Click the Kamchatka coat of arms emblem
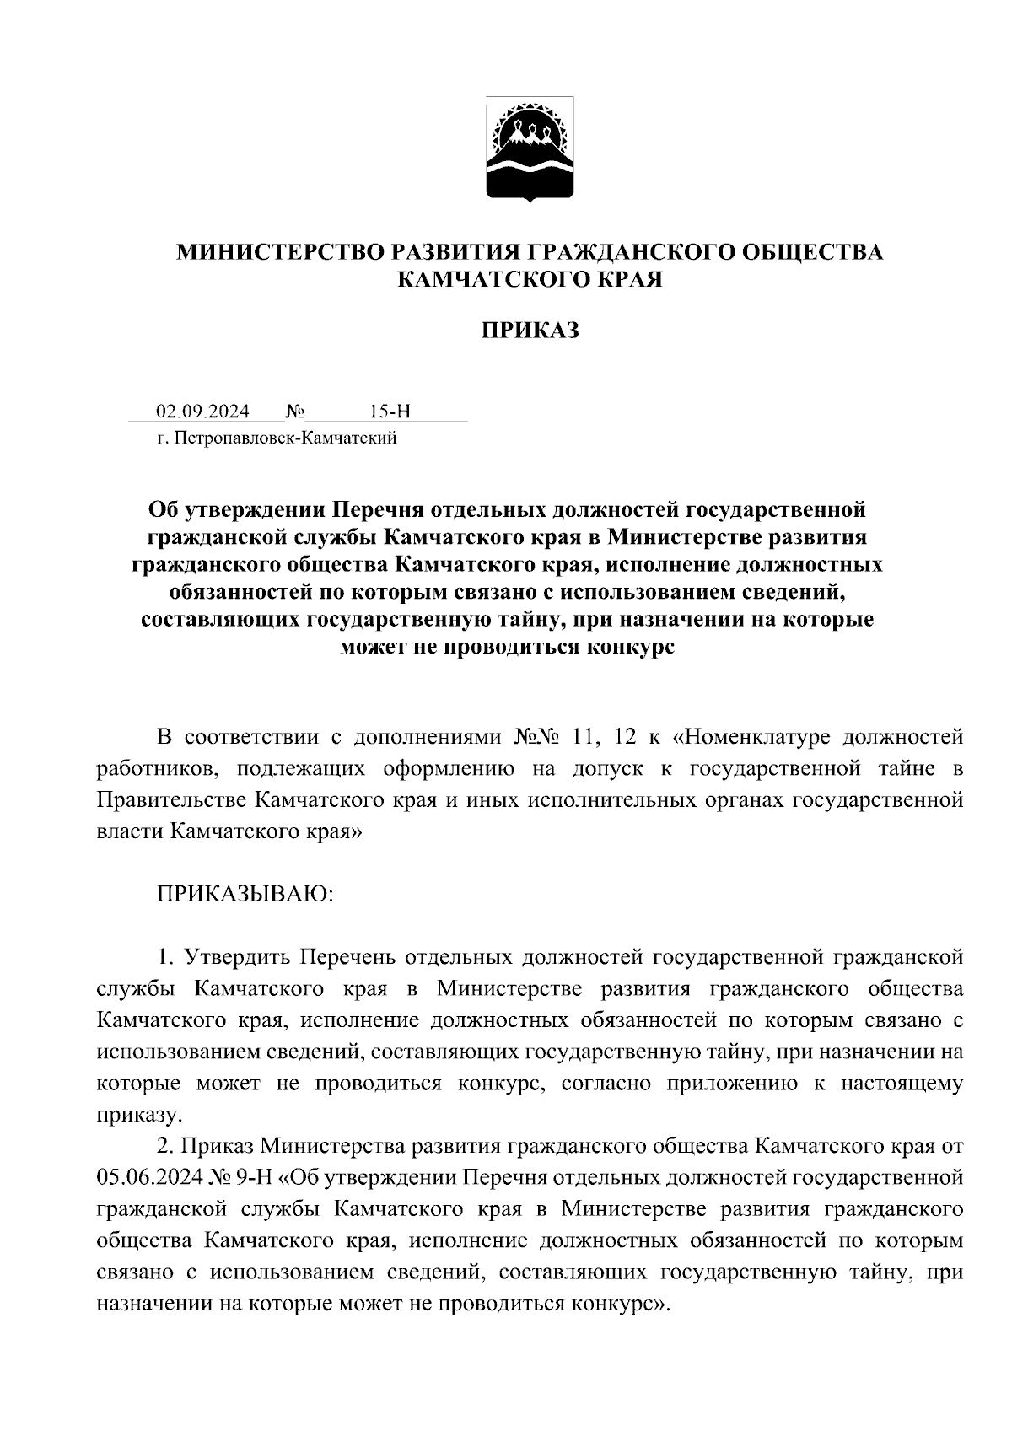tap(530, 150)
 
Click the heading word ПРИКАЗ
tap(530, 331)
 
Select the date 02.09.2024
tap(202, 412)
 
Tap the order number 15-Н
tap(389, 412)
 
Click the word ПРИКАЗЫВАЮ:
tap(245, 893)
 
